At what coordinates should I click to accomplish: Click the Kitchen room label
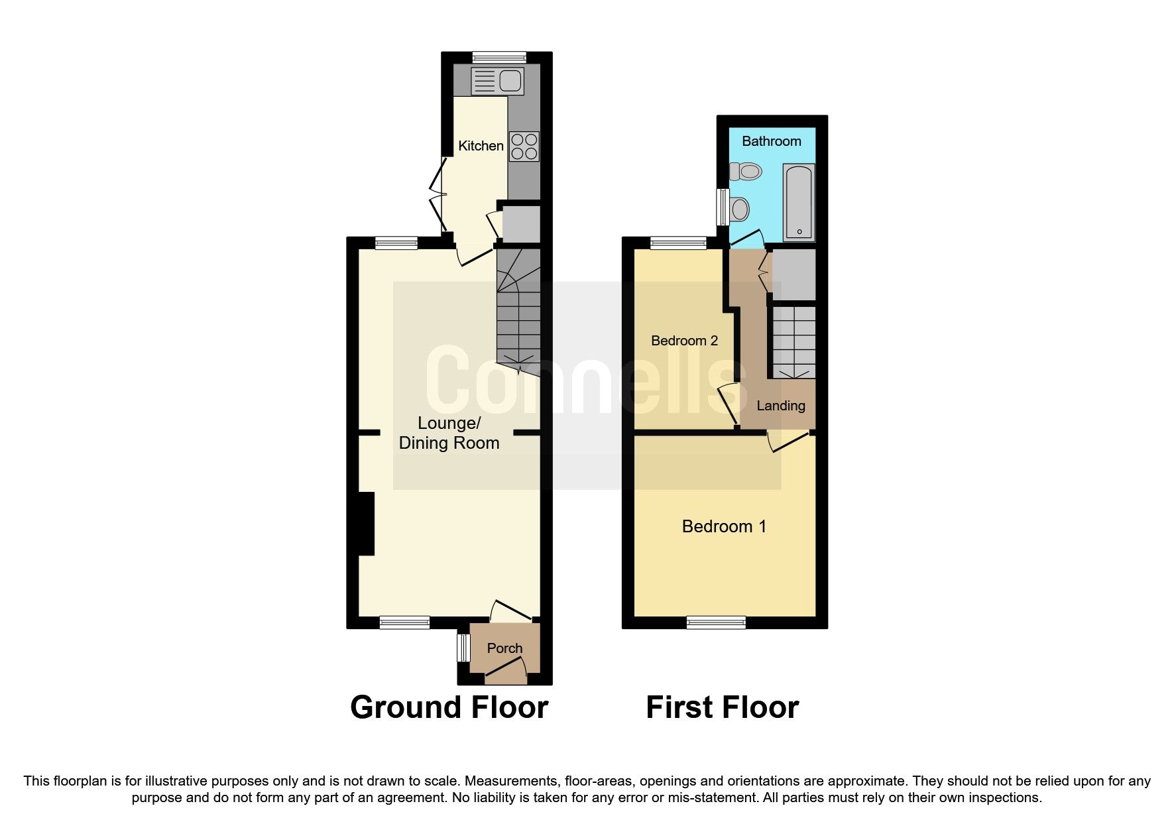(x=481, y=146)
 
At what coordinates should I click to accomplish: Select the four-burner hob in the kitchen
(x=524, y=147)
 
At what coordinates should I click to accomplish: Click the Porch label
(x=504, y=648)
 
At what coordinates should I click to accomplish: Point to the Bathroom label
(x=771, y=141)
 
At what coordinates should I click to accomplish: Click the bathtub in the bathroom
(x=799, y=202)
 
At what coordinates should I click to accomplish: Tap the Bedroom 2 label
(x=684, y=341)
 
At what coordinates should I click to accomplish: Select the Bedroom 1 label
(x=724, y=526)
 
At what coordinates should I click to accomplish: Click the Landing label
(x=780, y=406)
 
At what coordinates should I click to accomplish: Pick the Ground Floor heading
(x=449, y=707)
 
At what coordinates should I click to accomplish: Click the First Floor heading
(x=722, y=707)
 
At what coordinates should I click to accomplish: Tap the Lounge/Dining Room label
(x=449, y=433)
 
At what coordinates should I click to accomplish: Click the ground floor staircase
(x=518, y=312)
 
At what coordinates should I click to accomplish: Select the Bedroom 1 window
(x=716, y=622)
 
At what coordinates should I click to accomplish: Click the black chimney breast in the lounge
(x=367, y=523)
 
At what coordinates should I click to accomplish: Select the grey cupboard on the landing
(x=793, y=273)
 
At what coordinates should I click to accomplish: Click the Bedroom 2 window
(x=678, y=243)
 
